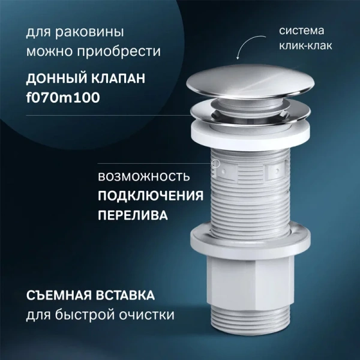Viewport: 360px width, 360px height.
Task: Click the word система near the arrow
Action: click(300, 30)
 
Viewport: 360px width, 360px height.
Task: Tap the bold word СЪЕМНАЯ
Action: click(65, 296)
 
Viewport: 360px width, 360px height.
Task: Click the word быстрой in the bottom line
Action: click(90, 314)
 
